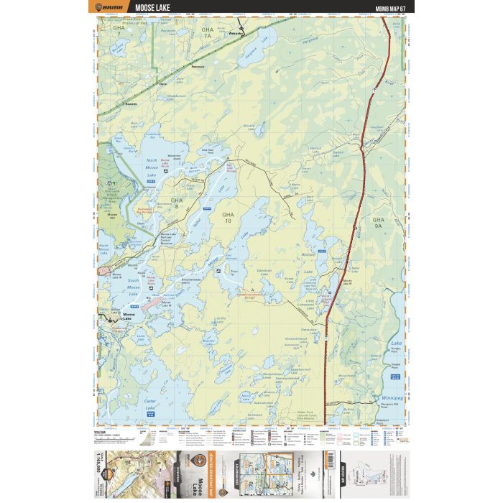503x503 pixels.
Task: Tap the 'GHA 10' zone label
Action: click(228, 218)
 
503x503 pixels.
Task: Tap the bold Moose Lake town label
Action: click(129, 315)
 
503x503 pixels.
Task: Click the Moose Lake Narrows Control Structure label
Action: click(167, 237)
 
